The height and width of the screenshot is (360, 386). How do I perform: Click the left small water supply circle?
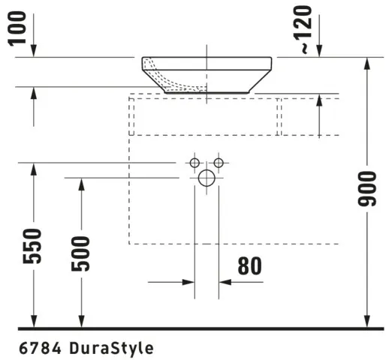(x=195, y=163)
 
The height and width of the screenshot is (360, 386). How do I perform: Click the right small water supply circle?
(x=219, y=163)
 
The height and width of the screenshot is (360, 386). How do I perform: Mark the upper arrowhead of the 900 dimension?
(x=366, y=63)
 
